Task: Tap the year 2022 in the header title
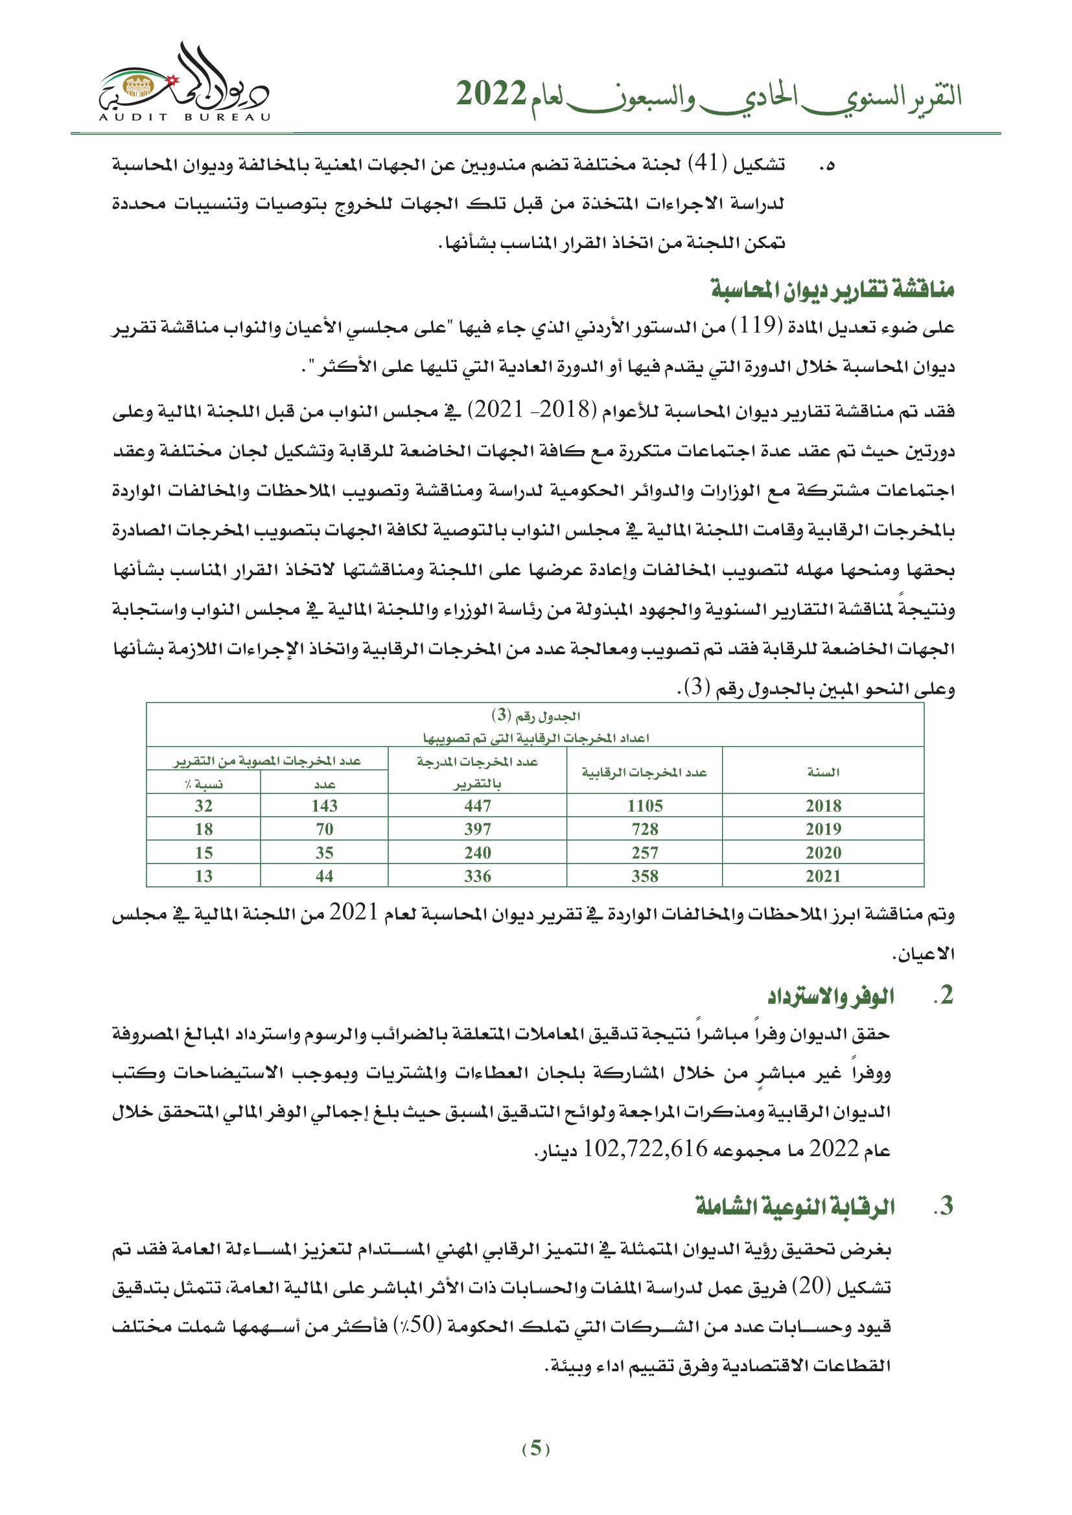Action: pyautogui.click(x=491, y=95)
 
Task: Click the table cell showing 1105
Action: pyautogui.click(x=644, y=806)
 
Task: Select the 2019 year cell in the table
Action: pyautogui.click(x=823, y=830)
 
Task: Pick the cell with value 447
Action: pyautogui.click(x=477, y=806)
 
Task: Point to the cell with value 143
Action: pyautogui.click(x=324, y=806)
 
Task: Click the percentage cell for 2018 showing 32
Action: pyautogui.click(x=204, y=806)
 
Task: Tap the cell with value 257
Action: pyautogui.click(x=644, y=853)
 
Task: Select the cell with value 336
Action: pyautogui.click(x=477, y=876)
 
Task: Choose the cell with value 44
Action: pyautogui.click(x=324, y=876)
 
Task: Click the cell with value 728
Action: pyautogui.click(x=644, y=830)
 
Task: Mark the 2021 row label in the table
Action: pyautogui.click(x=823, y=876)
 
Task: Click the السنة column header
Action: pyautogui.click(x=823, y=772)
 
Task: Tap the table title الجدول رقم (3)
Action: pyautogui.click(x=535, y=716)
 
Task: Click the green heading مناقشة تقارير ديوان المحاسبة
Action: pyautogui.click(x=832, y=289)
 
